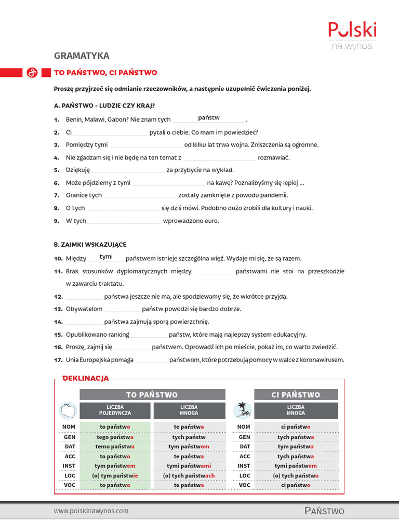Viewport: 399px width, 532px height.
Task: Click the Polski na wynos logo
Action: tap(352, 35)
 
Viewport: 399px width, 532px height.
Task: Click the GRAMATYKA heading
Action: tap(82, 56)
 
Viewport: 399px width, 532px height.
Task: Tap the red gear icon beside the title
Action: tap(32, 73)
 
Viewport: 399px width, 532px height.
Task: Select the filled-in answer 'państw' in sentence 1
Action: tap(209, 118)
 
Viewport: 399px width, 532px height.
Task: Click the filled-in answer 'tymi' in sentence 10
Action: tap(106, 257)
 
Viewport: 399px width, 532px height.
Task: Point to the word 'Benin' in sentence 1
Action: tap(74, 119)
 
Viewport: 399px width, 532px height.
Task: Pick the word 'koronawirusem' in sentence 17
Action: tap(322, 360)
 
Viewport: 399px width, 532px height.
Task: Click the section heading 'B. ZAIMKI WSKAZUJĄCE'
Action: tap(90, 244)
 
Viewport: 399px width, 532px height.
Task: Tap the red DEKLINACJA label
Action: tap(86, 378)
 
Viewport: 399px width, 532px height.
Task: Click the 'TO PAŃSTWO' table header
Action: tap(152, 395)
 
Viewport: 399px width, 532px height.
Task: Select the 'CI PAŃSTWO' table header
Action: tap(296, 395)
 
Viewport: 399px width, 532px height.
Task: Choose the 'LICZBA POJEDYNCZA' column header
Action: tap(115, 410)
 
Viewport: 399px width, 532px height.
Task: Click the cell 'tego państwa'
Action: tap(115, 437)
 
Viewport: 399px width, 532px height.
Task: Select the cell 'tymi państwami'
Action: tap(189, 466)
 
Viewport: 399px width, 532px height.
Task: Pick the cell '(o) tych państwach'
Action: tap(189, 475)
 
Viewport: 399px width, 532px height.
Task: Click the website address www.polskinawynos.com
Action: tap(91, 511)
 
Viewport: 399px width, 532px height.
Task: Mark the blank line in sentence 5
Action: tap(128, 171)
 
